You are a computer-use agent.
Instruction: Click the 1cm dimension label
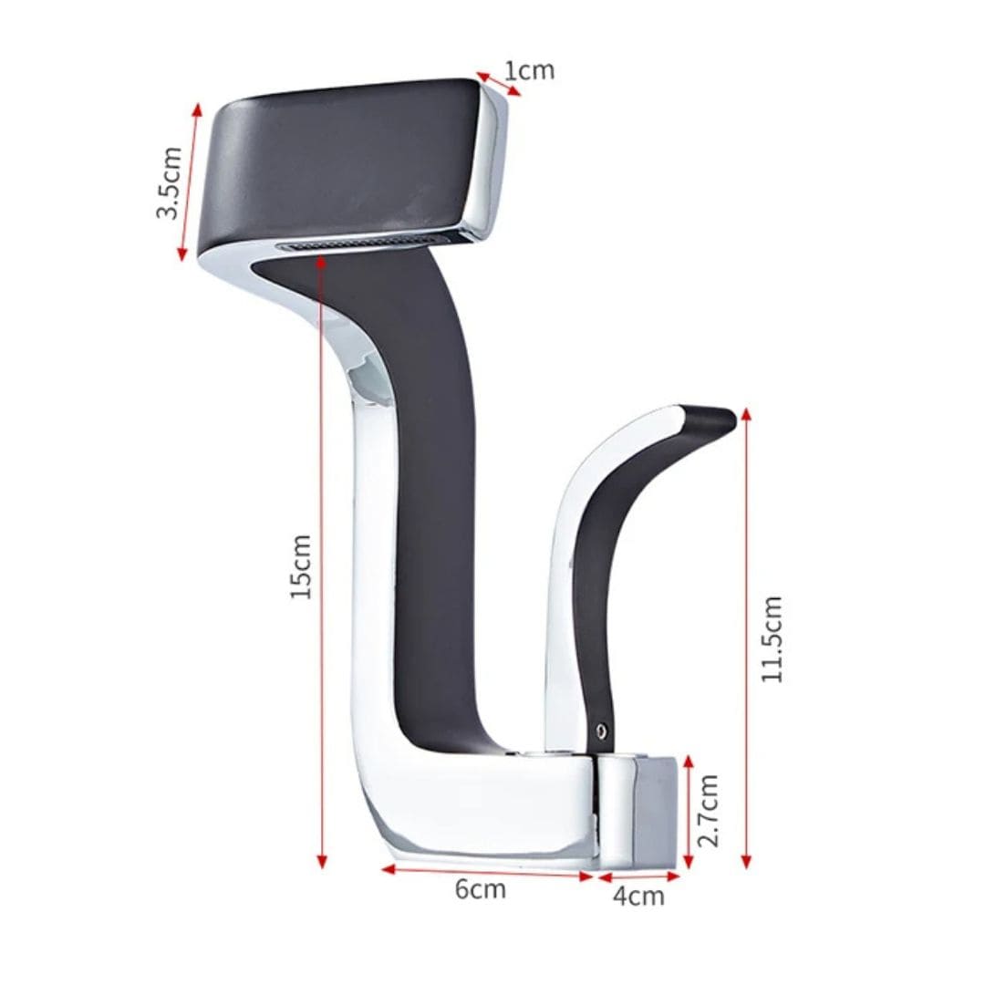click(x=530, y=71)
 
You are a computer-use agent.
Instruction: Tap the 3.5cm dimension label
click(x=169, y=182)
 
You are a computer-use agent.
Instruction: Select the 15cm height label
click(x=302, y=566)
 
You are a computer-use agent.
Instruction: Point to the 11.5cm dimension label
click(x=772, y=638)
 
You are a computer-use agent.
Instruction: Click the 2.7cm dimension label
click(x=709, y=810)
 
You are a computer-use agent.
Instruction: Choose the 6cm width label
click(x=480, y=888)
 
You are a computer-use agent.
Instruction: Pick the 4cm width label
click(x=638, y=896)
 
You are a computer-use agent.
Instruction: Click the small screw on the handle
click(x=602, y=730)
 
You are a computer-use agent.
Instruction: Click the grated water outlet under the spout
click(x=364, y=243)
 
